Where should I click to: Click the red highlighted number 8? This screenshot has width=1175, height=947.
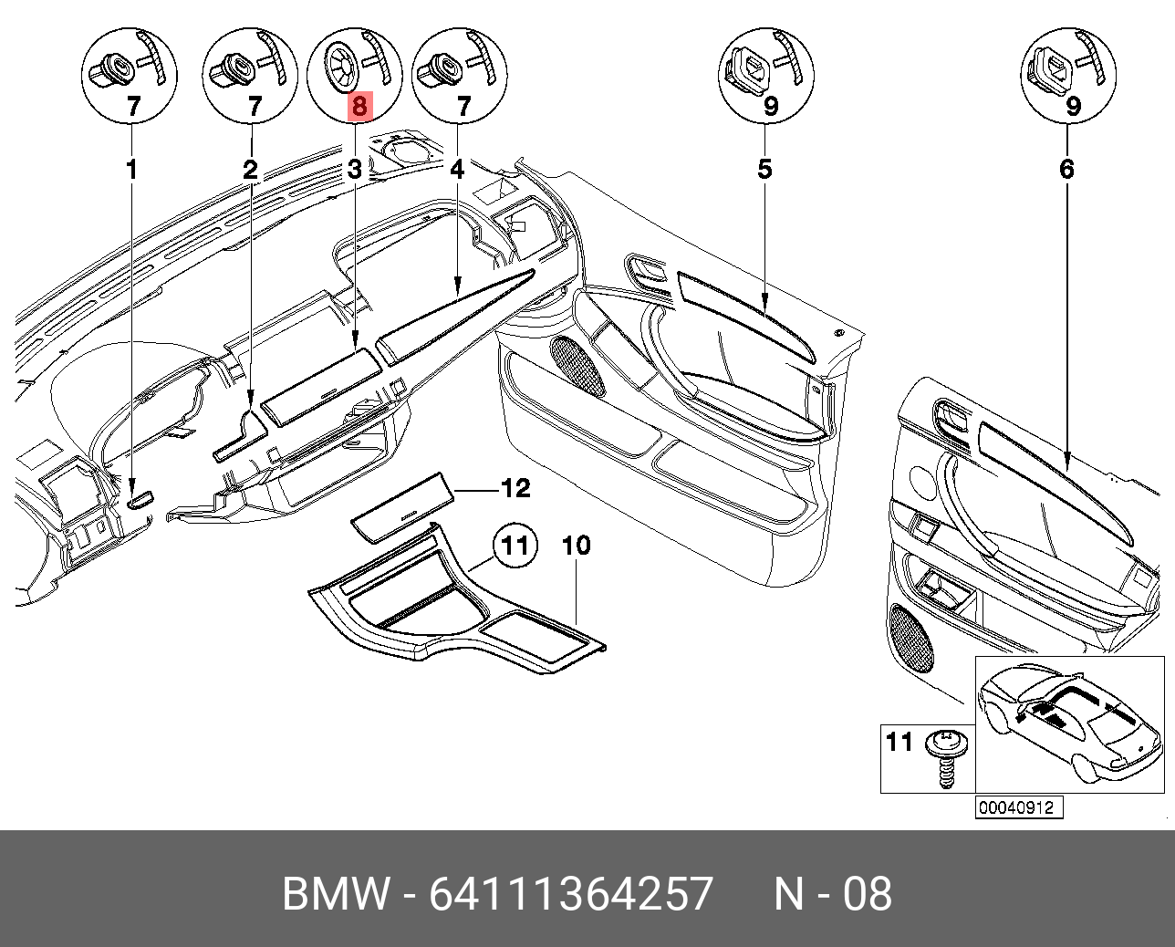click(359, 107)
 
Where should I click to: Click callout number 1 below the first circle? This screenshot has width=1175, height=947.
click(132, 170)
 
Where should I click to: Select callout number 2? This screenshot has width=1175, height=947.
click(251, 170)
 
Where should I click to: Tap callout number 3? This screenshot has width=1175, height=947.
click(354, 170)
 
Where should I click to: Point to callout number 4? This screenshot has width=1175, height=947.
click(457, 170)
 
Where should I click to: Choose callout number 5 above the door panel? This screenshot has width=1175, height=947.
click(764, 170)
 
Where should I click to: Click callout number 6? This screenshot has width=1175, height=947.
click(1066, 170)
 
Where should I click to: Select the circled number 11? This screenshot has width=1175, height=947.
click(515, 546)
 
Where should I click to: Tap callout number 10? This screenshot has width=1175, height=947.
click(576, 546)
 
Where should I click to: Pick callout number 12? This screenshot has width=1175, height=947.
click(515, 489)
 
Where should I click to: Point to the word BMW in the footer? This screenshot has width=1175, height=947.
click(336, 894)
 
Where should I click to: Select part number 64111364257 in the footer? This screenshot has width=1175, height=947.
click(571, 894)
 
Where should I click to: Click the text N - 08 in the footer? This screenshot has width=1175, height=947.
click(832, 894)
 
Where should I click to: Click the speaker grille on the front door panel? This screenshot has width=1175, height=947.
click(577, 365)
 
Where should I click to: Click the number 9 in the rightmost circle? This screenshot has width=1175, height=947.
click(1074, 107)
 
